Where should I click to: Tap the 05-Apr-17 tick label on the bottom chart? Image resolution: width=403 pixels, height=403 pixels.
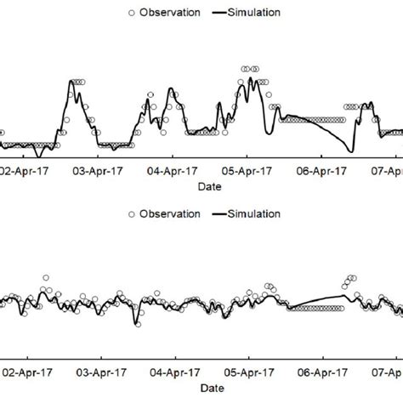click(x=251, y=372)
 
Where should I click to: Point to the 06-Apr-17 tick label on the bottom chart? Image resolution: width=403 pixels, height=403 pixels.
click(x=326, y=372)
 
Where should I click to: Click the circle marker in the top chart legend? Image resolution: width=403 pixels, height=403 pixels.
click(x=129, y=13)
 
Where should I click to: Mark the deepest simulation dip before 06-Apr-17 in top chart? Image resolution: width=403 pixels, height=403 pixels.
click(x=351, y=152)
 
